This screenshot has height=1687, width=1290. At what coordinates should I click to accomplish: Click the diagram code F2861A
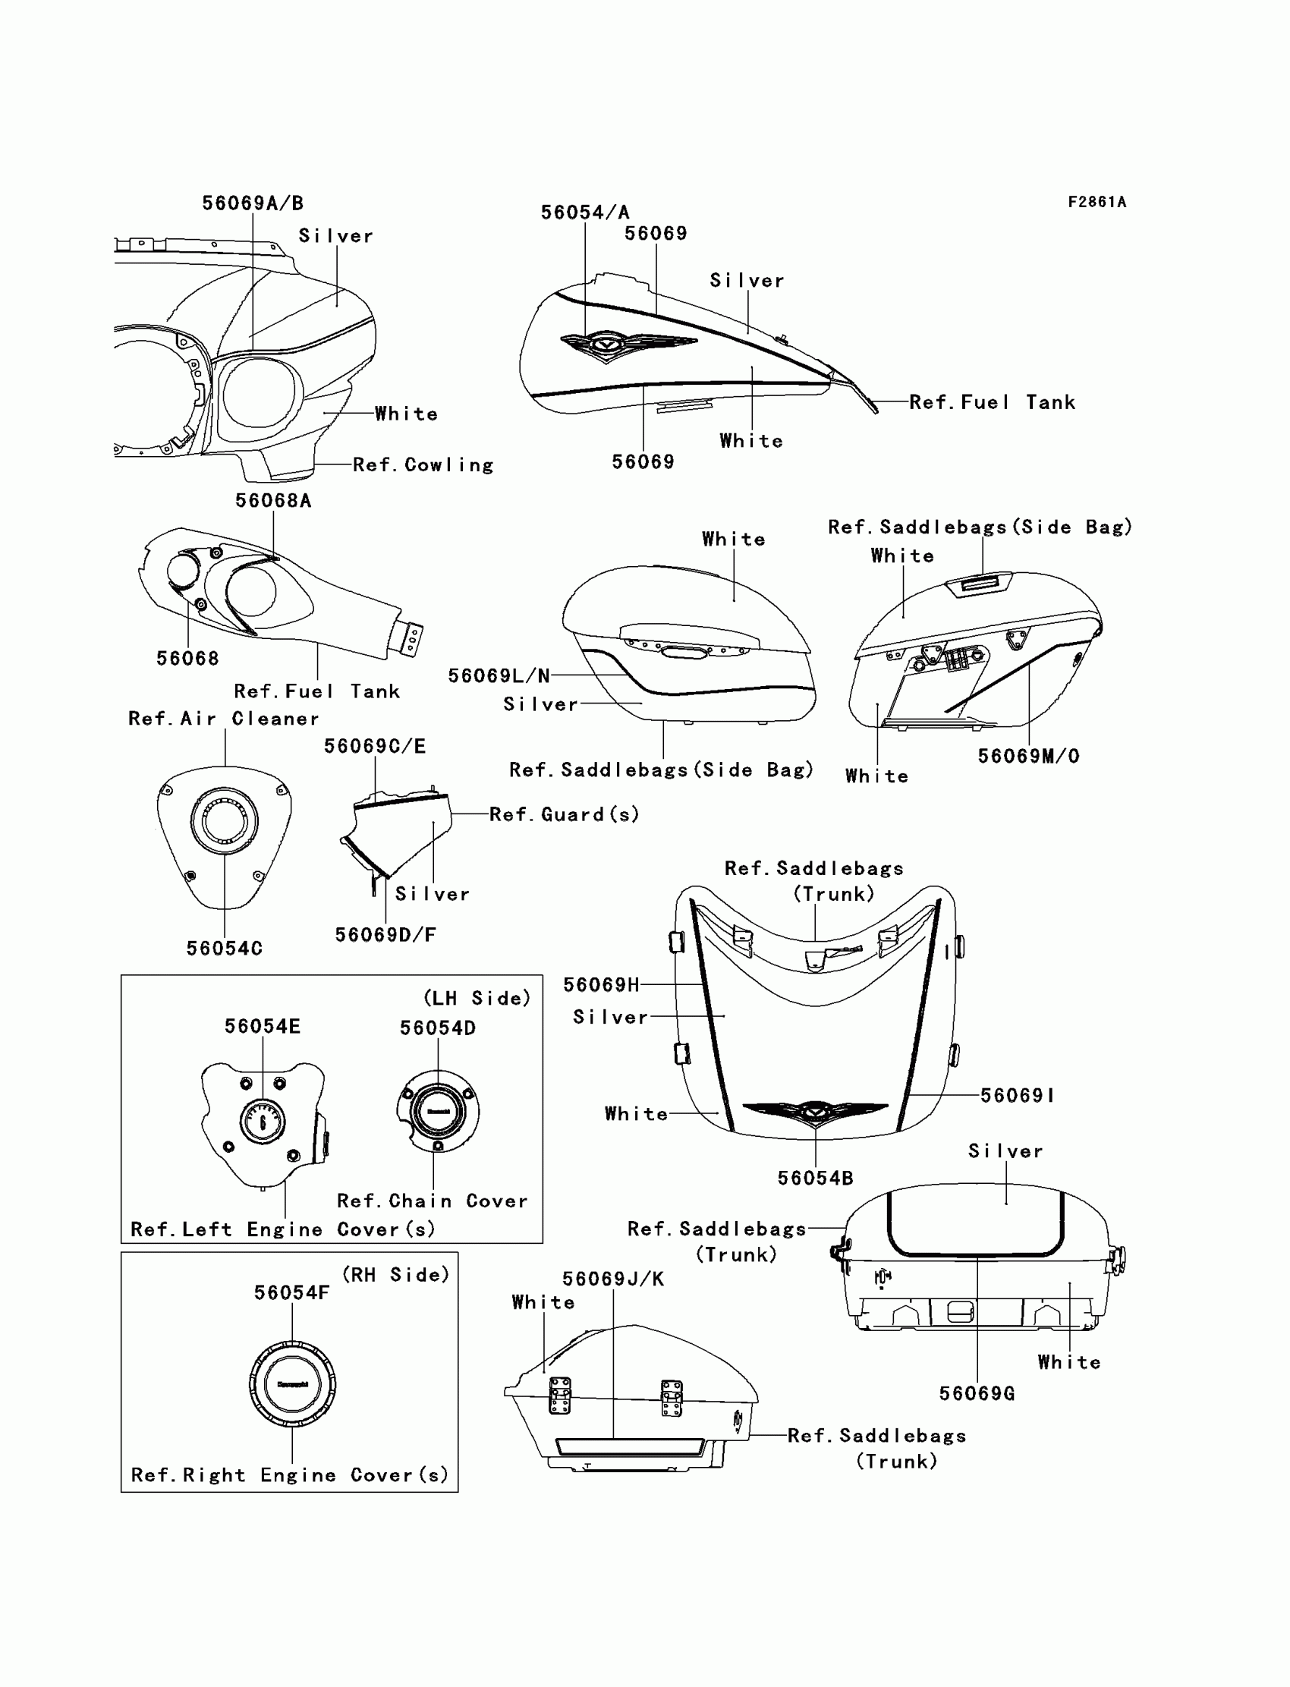(1096, 203)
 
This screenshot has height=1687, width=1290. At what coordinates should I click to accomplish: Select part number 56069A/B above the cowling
(253, 203)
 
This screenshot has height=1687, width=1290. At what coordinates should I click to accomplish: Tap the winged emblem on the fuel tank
(606, 345)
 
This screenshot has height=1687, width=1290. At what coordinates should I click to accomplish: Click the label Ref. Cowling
(423, 465)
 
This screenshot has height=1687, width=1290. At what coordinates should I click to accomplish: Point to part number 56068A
(273, 501)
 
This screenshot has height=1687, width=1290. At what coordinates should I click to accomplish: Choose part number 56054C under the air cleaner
(224, 949)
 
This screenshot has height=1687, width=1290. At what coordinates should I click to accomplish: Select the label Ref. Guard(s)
(565, 814)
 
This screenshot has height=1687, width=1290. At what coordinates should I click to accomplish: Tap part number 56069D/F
(385, 934)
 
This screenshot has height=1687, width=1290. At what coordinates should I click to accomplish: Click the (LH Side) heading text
(477, 998)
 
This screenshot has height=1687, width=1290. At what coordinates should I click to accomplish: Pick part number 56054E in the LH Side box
(263, 1027)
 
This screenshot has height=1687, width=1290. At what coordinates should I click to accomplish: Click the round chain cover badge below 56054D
(438, 1111)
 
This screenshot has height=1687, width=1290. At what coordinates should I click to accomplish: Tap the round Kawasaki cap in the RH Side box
(292, 1383)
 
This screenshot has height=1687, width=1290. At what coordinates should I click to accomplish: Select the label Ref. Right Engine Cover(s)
(289, 1475)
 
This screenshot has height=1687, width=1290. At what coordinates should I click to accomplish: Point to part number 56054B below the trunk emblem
(816, 1178)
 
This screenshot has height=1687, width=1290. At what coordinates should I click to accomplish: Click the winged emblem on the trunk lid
(814, 1111)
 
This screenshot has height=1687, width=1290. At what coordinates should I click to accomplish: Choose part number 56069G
(977, 1393)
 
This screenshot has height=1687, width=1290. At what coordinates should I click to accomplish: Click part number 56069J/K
(613, 1279)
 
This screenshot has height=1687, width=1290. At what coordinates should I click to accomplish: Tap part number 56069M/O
(1028, 757)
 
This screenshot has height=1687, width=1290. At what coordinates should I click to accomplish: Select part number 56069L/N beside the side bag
(499, 675)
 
